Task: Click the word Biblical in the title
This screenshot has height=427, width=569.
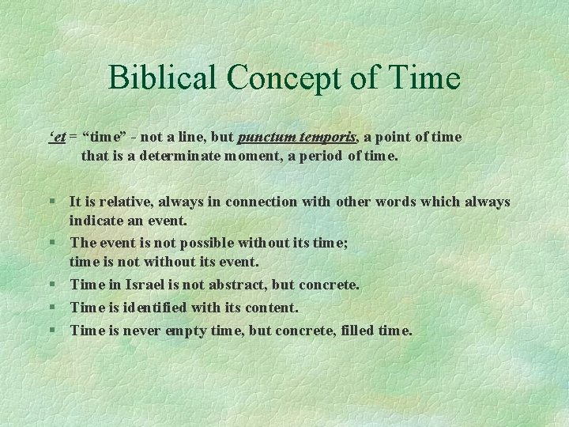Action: click(x=162, y=77)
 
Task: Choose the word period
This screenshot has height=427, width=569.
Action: click(x=325, y=156)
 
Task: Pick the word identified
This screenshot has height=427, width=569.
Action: click(x=157, y=307)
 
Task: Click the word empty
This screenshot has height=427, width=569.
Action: click(x=183, y=330)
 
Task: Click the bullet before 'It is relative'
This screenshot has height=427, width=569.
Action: click(x=51, y=202)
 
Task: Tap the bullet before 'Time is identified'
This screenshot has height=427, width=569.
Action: click(x=51, y=308)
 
